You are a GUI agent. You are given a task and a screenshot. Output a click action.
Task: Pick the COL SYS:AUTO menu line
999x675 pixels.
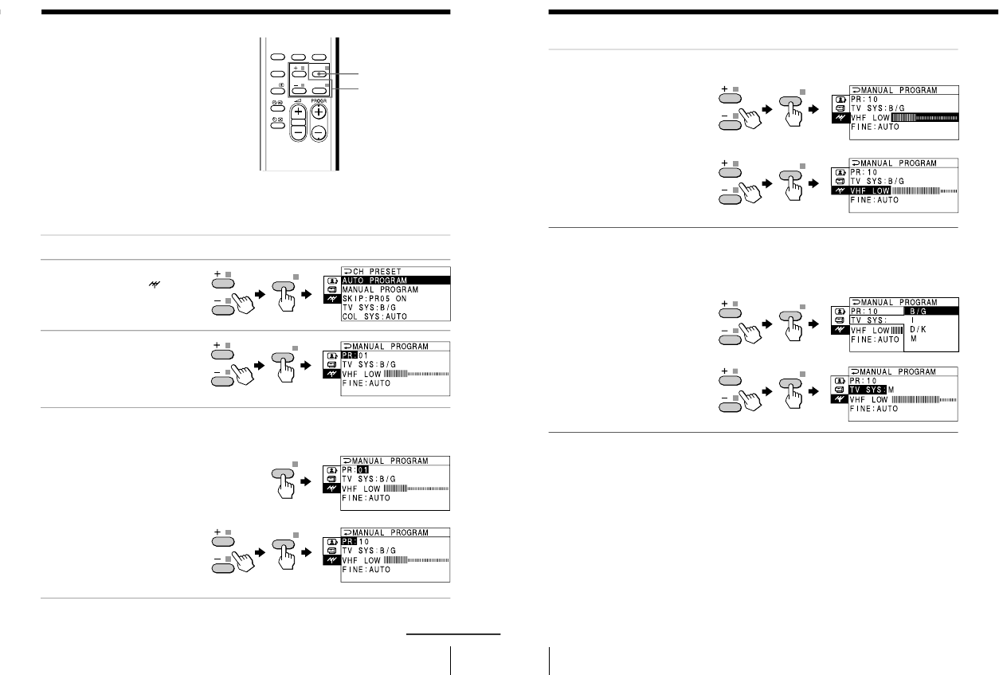(x=377, y=316)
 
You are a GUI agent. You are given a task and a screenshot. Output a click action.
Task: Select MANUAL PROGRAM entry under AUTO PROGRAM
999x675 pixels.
(x=381, y=289)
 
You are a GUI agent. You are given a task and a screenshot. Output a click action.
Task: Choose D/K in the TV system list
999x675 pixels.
(x=918, y=328)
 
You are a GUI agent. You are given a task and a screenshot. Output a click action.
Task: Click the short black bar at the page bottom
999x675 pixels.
(x=453, y=634)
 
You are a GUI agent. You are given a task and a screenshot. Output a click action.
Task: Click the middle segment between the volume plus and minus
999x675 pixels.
(x=297, y=123)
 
